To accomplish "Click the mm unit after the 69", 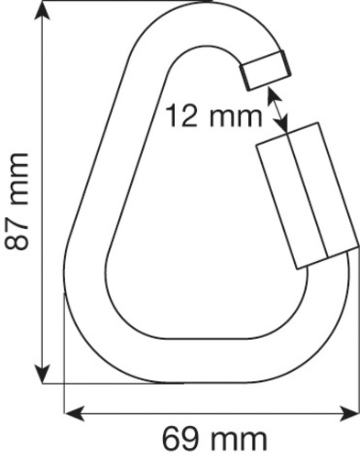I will tap(239, 436).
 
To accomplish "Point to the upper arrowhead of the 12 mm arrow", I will tap(270, 93).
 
